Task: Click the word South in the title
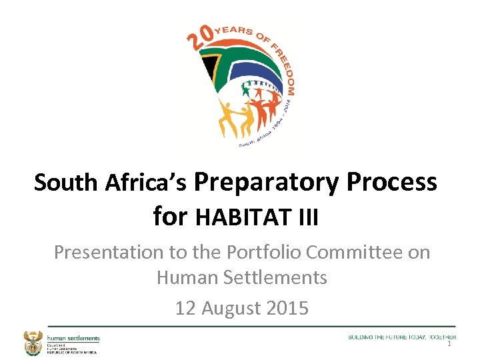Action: (66, 183)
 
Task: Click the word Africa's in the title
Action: (146, 183)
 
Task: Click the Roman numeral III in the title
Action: (309, 217)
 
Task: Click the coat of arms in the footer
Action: (32, 343)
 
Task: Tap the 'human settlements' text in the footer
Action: (73, 338)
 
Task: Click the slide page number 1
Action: (449, 344)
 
